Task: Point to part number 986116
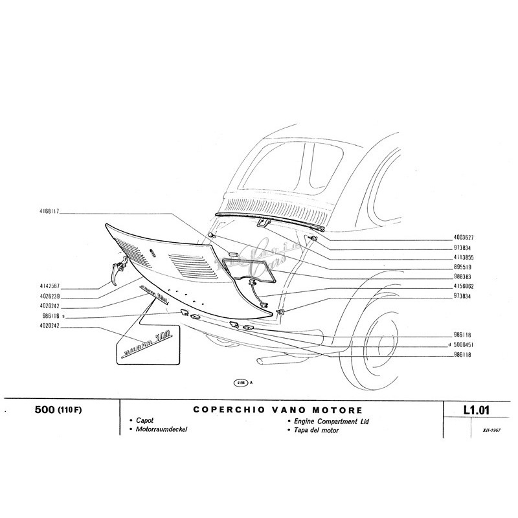click(x=49, y=317)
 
